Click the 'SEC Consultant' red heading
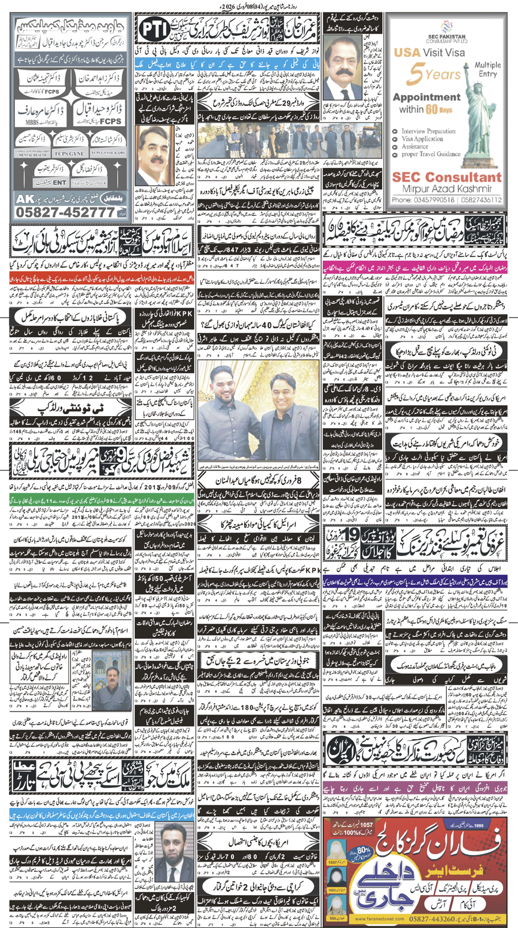click(446, 178)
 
